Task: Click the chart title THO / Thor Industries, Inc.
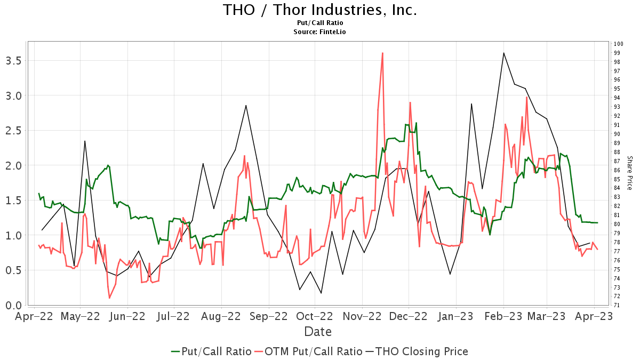tap(319, 10)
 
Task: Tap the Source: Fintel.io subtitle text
tap(319, 32)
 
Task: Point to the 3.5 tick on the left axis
tap(13, 60)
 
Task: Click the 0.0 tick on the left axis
tap(13, 305)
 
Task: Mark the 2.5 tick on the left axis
tap(13, 130)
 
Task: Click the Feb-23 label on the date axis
tap(503, 316)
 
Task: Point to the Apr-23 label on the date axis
tap(594, 316)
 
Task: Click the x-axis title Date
tap(318, 332)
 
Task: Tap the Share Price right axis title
tap(629, 173)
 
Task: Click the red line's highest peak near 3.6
tap(382, 53)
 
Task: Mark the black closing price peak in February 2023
tap(503, 53)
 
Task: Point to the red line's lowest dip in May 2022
tap(109, 298)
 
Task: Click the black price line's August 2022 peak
tap(246, 105)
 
